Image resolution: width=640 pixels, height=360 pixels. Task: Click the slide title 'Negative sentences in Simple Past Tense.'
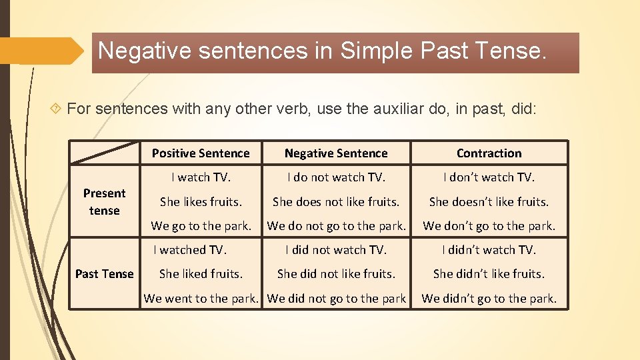[322, 51]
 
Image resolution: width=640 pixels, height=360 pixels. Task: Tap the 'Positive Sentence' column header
[201, 153]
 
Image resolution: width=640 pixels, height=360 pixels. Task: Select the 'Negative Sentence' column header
[336, 153]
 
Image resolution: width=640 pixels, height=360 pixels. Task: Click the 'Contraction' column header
[489, 153]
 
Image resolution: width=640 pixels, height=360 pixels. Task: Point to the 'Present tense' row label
[104, 201]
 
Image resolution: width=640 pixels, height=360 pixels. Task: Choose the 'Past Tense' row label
[104, 274]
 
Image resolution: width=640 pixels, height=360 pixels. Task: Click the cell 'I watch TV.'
[201, 177]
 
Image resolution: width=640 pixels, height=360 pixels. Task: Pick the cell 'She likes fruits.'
[201, 201]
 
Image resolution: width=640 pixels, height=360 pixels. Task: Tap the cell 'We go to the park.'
[201, 226]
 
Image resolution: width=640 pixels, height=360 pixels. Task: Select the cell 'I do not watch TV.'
[336, 177]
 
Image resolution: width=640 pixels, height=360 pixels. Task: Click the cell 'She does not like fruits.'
[336, 201]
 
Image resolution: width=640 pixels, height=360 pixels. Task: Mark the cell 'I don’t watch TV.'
[489, 177]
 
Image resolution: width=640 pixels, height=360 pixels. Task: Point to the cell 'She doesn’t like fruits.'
[489, 201]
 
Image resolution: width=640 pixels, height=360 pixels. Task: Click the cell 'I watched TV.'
[190, 250]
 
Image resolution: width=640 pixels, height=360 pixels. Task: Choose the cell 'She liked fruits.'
[201, 274]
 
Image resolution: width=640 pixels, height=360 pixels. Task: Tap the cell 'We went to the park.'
[201, 299]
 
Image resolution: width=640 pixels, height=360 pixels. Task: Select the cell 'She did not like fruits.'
[336, 274]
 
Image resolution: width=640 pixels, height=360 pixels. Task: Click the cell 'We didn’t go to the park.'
[489, 299]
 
